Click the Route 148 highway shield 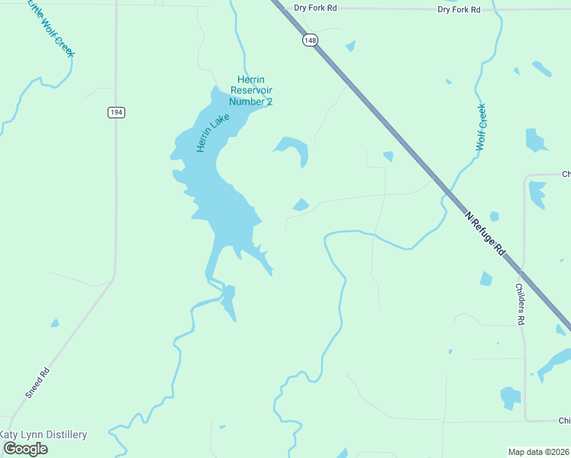309,40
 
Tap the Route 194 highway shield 115,112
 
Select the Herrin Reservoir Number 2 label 251,91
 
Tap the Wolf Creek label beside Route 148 481,127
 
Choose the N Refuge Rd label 486,234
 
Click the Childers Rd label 519,305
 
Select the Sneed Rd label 37,382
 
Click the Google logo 26,449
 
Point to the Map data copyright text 539,451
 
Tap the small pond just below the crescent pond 301,205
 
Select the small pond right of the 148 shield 350,47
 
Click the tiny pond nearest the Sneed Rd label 54,323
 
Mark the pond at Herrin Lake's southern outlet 228,301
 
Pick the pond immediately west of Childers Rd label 486,279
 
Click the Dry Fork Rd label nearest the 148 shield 315,8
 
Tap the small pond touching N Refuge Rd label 494,217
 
